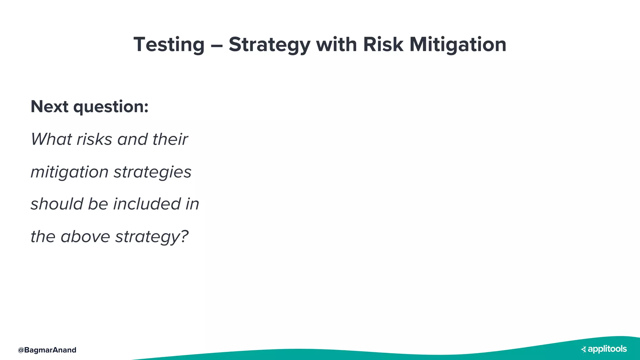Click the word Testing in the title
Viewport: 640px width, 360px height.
[x=169, y=44]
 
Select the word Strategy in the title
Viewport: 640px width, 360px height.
[x=269, y=44]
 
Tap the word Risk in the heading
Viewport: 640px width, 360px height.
[x=383, y=44]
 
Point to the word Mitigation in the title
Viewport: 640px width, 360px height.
[x=458, y=44]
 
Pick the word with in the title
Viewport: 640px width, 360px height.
[x=336, y=44]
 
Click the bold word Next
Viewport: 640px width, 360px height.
[x=49, y=107]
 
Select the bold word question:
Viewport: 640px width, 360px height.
[x=111, y=107]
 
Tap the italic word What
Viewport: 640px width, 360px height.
[x=51, y=139]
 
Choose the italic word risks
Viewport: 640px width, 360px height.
[x=94, y=139]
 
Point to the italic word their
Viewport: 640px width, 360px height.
[x=170, y=139]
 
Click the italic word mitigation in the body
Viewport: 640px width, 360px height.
[x=69, y=172]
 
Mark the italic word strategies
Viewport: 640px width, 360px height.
[x=152, y=172]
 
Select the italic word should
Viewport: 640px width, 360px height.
[x=57, y=204]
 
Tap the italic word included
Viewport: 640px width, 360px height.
[x=147, y=204]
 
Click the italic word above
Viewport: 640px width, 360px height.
[x=85, y=236]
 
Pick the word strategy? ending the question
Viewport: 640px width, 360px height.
[x=152, y=237]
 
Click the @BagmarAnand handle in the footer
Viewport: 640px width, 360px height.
[x=47, y=350]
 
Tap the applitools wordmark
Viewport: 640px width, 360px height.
[x=607, y=349]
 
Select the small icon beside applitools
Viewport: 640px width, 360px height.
[x=583, y=349]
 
